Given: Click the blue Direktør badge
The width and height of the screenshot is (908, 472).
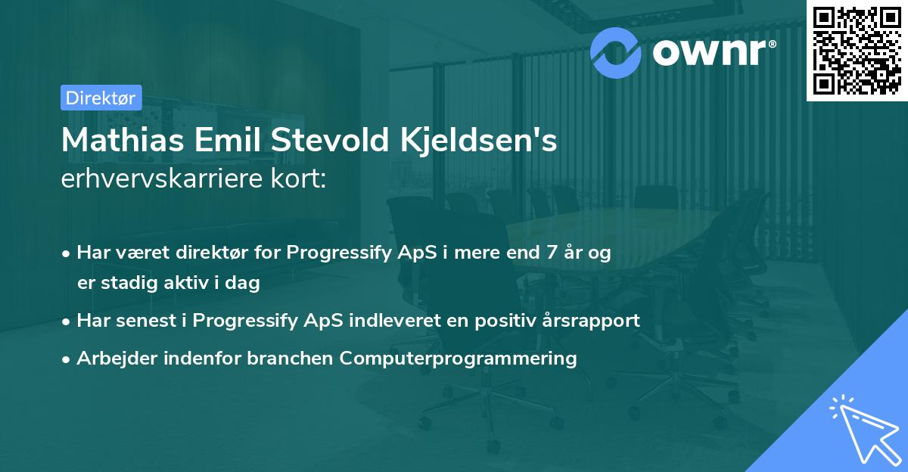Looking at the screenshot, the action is pyautogui.click(x=101, y=98).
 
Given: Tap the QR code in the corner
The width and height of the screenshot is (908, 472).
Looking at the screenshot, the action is pyautogui.click(x=857, y=51).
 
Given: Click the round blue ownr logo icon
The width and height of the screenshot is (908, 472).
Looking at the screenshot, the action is pyautogui.click(x=615, y=53).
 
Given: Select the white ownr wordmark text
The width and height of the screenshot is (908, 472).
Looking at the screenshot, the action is pyautogui.click(x=714, y=52).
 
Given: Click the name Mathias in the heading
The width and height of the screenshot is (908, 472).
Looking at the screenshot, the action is pyautogui.click(x=123, y=140).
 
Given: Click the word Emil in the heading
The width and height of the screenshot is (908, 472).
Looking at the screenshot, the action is pyautogui.click(x=228, y=140).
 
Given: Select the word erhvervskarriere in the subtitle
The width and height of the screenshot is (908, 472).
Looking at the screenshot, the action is pyautogui.click(x=162, y=179).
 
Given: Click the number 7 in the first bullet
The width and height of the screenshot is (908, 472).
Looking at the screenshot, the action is pyautogui.click(x=552, y=253).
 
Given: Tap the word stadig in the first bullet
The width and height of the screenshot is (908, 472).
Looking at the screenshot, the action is pyautogui.click(x=129, y=283).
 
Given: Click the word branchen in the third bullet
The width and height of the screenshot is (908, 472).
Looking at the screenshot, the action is pyautogui.click(x=290, y=358).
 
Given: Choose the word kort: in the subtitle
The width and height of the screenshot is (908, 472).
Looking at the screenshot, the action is pyautogui.click(x=298, y=179).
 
